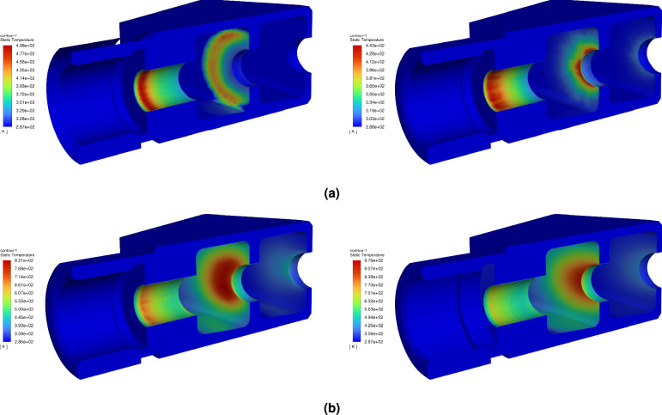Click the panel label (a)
[x=331, y=194]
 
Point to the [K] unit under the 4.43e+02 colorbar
[x=355, y=133]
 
